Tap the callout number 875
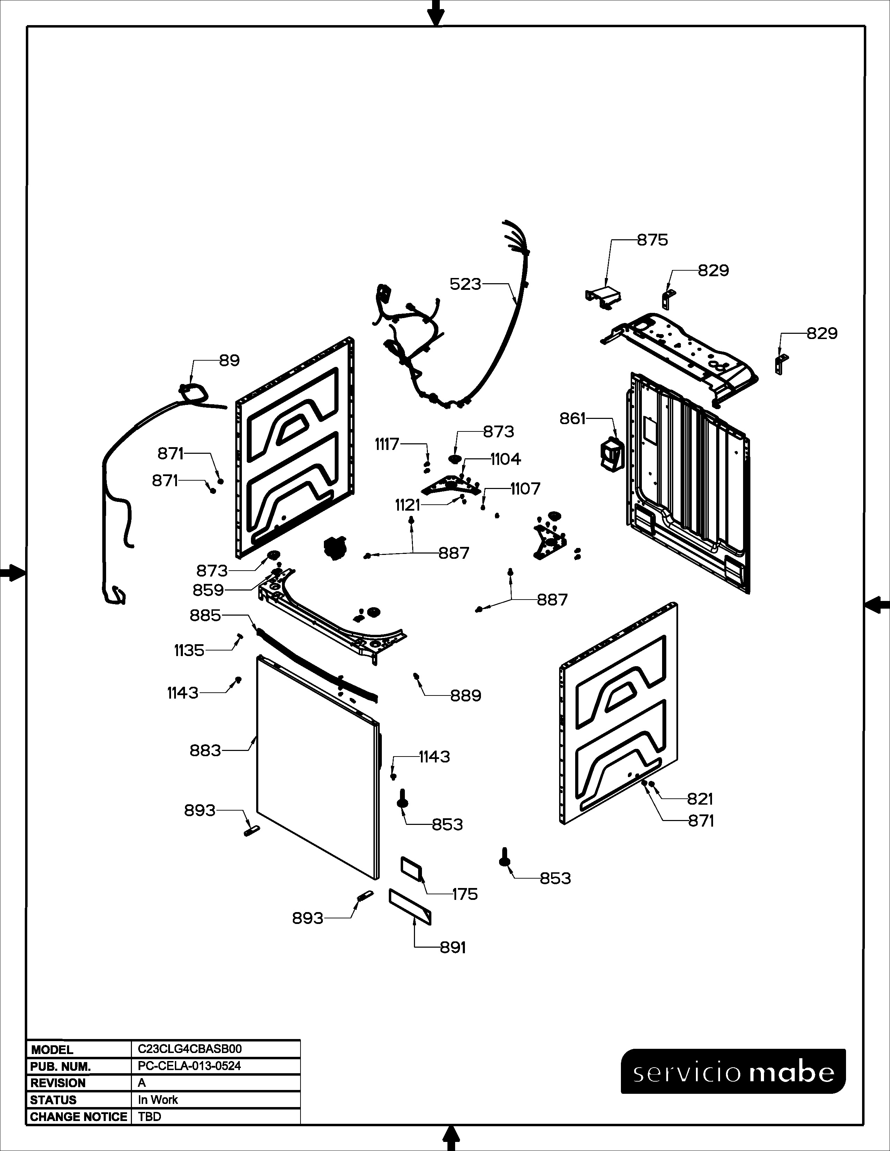pos(652,240)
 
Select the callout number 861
pos(573,419)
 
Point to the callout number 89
pos(229,361)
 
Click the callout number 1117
pos(387,444)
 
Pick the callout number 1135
pos(189,651)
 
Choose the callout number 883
pos(205,750)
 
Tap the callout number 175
pos(465,894)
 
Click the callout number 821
pos(700,799)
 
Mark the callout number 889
pos(466,696)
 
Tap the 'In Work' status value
pos(158,1100)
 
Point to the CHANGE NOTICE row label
pos(79,1117)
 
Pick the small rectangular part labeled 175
pos(412,867)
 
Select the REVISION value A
pos(142,1083)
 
